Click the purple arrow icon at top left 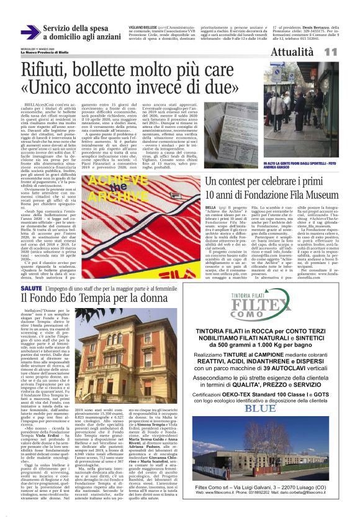tap(30, 32)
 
